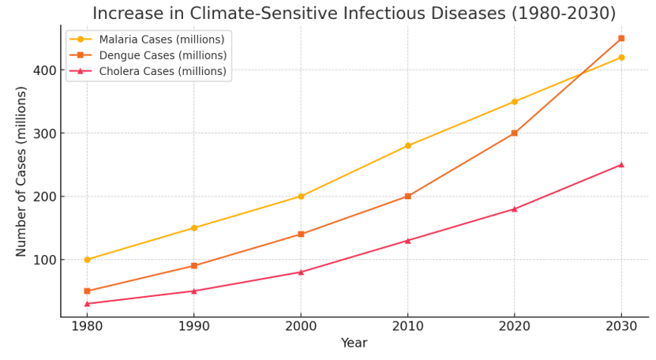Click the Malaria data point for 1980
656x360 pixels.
[87, 260]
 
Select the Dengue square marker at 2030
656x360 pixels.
[621, 38]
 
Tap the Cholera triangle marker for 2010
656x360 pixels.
[407, 241]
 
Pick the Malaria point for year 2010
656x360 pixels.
[407, 146]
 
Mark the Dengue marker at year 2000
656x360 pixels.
[301, 234]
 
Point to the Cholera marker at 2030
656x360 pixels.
[621, 165]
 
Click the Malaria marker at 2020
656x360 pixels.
[515, 102]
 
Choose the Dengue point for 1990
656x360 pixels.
[194, 266]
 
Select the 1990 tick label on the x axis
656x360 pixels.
[194, 326]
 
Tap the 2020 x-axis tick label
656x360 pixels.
[515, 326]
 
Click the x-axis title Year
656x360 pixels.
[354, 343]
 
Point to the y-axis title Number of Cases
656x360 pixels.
[22, 171]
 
